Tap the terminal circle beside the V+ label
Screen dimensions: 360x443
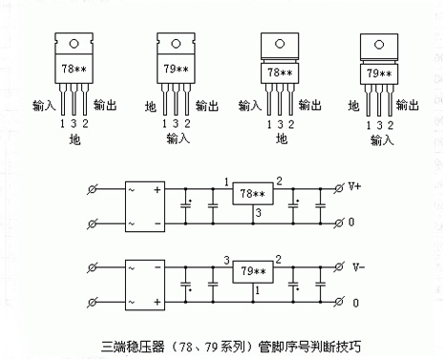tap(338, 187)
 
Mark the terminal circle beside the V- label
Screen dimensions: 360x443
tap(338, 265)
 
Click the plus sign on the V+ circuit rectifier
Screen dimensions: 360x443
tap(156, 187)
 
